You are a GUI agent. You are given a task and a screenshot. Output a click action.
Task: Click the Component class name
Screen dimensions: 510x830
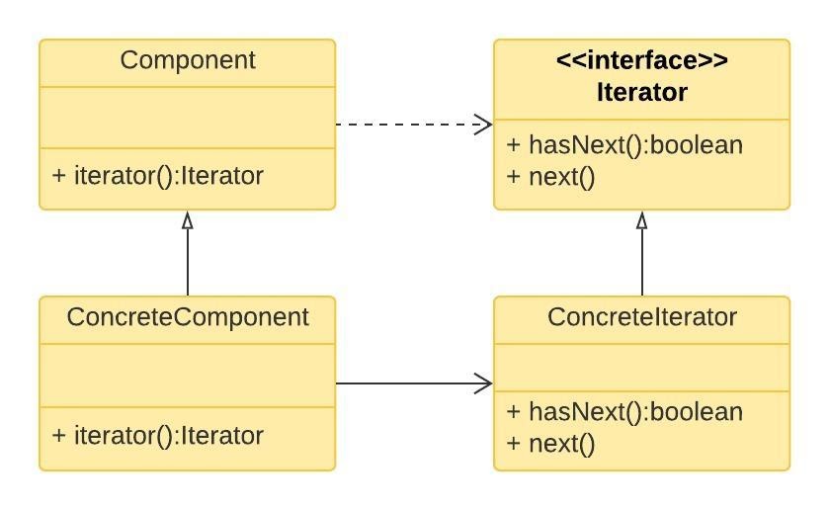(188, 61)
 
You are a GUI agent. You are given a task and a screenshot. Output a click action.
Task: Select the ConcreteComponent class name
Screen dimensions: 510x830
(188, 318)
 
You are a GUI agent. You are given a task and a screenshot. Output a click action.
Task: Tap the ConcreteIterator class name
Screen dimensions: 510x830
(642, 318)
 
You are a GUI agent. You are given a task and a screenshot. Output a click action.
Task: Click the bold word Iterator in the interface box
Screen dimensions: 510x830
(642, 93)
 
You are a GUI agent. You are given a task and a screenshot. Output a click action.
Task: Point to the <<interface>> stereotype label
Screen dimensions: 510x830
(642, 61)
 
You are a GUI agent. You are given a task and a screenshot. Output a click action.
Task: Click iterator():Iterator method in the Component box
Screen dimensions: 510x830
(158, 177)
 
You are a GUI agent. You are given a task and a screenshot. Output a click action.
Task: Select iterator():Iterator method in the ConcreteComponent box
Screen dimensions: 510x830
(158, 436)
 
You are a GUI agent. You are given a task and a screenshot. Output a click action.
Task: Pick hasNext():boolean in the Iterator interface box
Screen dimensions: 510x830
(624, 146)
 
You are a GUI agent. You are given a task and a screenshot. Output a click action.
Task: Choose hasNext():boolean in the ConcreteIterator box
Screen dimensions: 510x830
(624, 412)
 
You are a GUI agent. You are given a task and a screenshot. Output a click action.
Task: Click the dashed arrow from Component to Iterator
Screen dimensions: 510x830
(405, 125)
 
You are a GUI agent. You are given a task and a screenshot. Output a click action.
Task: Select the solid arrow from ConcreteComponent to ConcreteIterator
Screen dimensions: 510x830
(405, 383)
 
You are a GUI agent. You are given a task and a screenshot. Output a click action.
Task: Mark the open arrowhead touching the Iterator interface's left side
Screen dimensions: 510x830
(483, 125)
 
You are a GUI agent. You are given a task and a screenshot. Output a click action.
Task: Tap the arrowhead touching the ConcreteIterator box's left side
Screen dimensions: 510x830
(483, 383)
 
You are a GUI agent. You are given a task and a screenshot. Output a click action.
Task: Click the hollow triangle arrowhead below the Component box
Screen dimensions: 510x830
(188, 220)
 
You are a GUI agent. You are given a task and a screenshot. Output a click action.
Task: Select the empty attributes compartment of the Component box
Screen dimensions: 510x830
(188, 117)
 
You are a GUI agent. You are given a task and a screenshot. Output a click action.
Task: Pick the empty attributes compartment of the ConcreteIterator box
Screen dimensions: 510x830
(642, 368)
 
